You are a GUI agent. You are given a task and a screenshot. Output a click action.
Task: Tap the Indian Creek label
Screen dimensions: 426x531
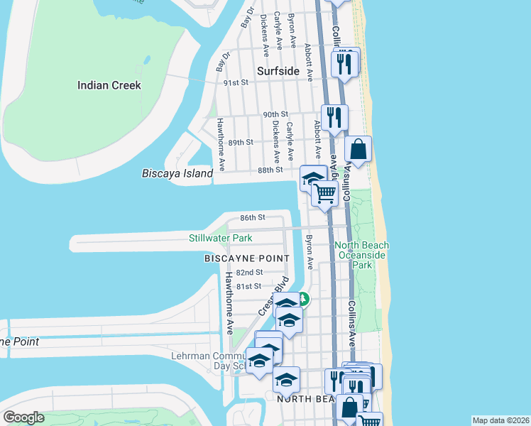coord(109,85)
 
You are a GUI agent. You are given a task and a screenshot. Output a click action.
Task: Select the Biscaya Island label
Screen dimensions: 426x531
coord(177,173)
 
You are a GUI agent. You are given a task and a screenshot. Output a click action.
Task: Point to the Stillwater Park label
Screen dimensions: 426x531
coord(221,237)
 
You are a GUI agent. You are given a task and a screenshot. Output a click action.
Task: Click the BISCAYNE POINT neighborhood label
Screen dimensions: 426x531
coord(246,258)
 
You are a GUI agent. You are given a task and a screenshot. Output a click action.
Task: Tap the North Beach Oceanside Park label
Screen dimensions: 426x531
coord(363,255)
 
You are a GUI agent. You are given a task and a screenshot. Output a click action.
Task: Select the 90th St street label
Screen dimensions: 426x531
coord(275,114)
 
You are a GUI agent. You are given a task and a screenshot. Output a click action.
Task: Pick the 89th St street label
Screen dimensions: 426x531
coord(241,143)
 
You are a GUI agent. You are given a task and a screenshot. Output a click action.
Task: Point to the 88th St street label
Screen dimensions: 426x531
coord(270,170)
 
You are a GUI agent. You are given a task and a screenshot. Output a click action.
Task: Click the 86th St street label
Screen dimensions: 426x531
coord(252,217)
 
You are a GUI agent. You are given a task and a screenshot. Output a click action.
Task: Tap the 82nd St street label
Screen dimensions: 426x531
coord(249,273)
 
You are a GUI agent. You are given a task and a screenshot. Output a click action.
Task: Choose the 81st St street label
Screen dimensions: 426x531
coord(249,286)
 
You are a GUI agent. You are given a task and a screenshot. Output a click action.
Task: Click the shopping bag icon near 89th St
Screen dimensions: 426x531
coord(358,150)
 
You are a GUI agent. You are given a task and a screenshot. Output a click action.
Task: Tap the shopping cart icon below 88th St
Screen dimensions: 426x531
coord(324,192)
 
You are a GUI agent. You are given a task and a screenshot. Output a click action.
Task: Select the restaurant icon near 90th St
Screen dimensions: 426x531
coord(334,117)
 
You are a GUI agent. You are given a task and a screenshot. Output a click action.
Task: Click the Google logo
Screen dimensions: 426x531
coord(23,417)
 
